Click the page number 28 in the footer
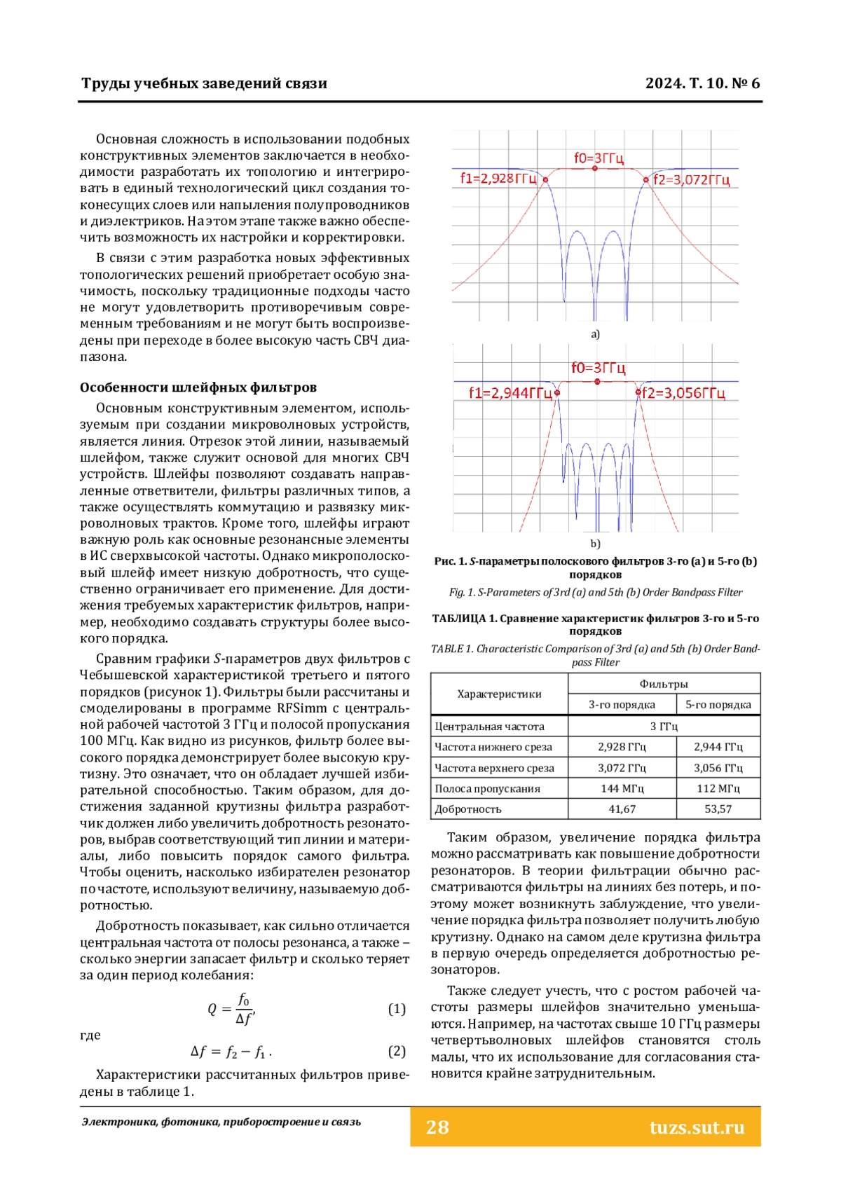pyautogui.click(x=437, y=1127)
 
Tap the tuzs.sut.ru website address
pyautogui.click(x=697, y=1127)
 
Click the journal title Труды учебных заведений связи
pyautogui.click(x=204, y=83)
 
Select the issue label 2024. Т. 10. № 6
pyautogui.click(x=702, y=83)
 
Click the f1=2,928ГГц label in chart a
pyautogui.click(x=498, y=179)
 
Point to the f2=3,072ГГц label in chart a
pyautogui.click(x=692, y=180)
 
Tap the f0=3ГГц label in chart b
pyautogui.click(x=598, y=368)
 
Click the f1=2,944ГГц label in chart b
pyautogui.click(x=510, y=393)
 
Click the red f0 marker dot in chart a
pyautogui.click(x=595, y=169)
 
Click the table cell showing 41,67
pyautogui.click(x=622, y=809)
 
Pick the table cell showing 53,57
pyautogui.click(x=718, y=809)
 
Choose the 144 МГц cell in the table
pyautogui.click(x=622, y=788)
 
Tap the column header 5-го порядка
pyautogui.click(x=718, y=705)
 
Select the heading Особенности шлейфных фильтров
pyautogui.click(x=198, y=387)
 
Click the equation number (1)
pyautogui.click(x=397, y=1009)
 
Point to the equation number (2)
pyautogui.click(x=397, y=1051)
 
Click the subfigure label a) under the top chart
pyautogui.click(x=595, y=334)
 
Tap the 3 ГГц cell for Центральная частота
pyautogui.click(x=664, y=727)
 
